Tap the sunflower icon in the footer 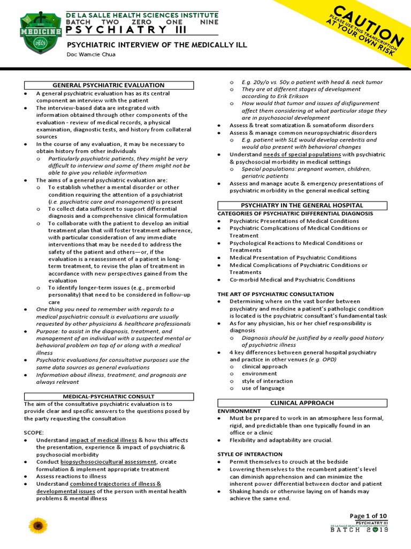tap(38, 525)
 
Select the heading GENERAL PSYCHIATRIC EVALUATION tap(109, 85)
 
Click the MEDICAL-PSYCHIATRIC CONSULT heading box tap(109, 396)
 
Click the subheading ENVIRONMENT tap(239, 410)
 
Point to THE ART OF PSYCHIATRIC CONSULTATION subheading tap(275, 294)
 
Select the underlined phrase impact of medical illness tap(103, 440)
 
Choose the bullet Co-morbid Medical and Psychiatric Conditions tap(292, 279)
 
